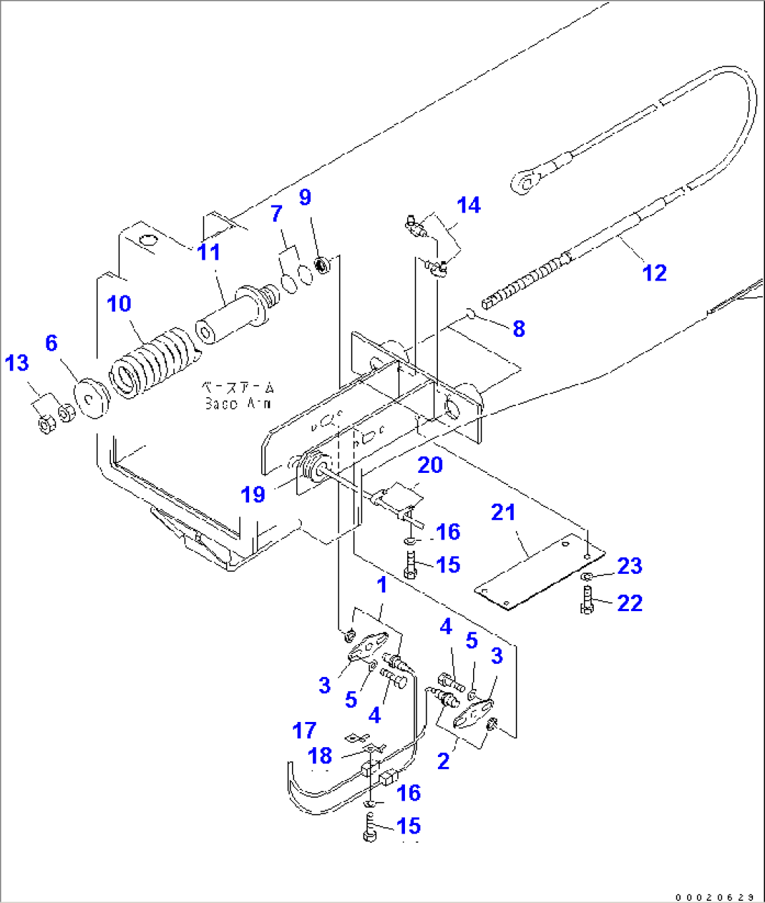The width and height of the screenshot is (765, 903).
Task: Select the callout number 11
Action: [x=209, y=252]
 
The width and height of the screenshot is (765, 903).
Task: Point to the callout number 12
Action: [x=654, y=272]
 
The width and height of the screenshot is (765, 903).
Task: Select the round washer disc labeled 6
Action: [x=91, y=399]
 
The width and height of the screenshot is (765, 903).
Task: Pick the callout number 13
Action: [x=18, y=363]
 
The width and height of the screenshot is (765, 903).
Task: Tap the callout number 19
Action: [x=253, y=494]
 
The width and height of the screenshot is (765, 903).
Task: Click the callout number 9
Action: [x=305, y=197]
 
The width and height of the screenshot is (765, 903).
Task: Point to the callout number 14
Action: [x=469, y=205]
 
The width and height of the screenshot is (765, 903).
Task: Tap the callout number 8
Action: [x=519, y=328]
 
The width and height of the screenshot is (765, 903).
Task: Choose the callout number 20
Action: [x=430, y=464]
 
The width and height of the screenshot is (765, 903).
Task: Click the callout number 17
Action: [x=305, y=730]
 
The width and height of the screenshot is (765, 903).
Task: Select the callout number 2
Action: [x=443, y=761]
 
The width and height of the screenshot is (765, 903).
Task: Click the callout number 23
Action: [x=630, y=566]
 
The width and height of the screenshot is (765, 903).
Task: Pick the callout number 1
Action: [x=382, y=585]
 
